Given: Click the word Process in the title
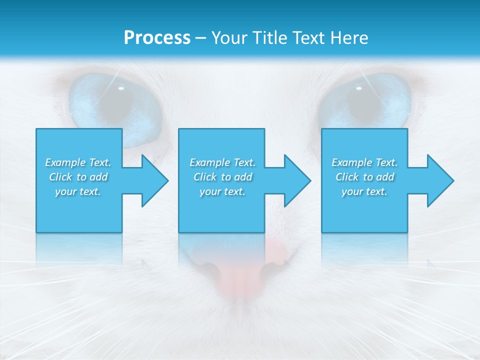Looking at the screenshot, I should pos(157,38).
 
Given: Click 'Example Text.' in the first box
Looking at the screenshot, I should pos(78,162).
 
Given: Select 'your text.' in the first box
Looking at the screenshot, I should pos(78,191).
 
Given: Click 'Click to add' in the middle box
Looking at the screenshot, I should pos(222,177).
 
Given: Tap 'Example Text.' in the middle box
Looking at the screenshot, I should pos(222,162).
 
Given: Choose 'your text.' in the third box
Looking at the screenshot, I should pos(364,191).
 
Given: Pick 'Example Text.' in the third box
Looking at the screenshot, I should pos(364,162).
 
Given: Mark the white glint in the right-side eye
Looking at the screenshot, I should pos(358,88).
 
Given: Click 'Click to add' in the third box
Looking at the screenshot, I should pos(364,177).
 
